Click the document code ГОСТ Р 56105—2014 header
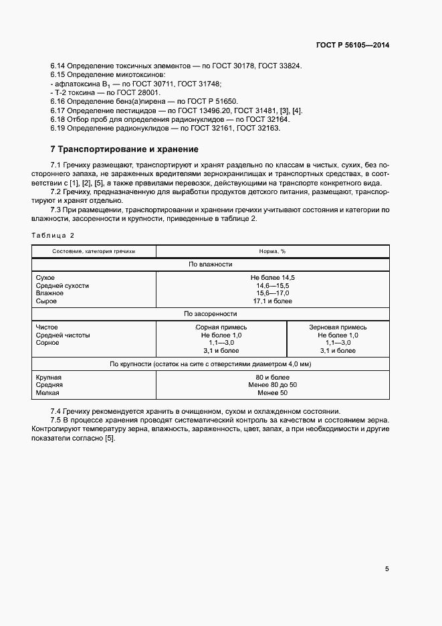(x=352, y=46)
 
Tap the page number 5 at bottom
(x=387, y=569)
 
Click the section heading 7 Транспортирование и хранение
(x=124, y=149)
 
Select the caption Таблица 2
(x=53, y=235)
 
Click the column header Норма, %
(x=272, y=251)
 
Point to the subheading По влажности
(x=211, y=264)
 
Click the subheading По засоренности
(x=211, y=313)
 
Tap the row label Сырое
(x=45, y=301)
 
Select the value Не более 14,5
(x=272, y=277)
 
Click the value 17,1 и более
(x=272, y=301)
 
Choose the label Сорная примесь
(x=221, y=327)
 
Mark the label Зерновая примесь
(x=338, y=327)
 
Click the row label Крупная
(x=49, y=378)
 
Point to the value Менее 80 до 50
(x=272, y=385)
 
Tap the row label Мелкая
(x=47, y=393)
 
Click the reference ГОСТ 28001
(x=138, y=92)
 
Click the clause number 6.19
(x=57, y=128)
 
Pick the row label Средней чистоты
(x=63, y=335)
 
